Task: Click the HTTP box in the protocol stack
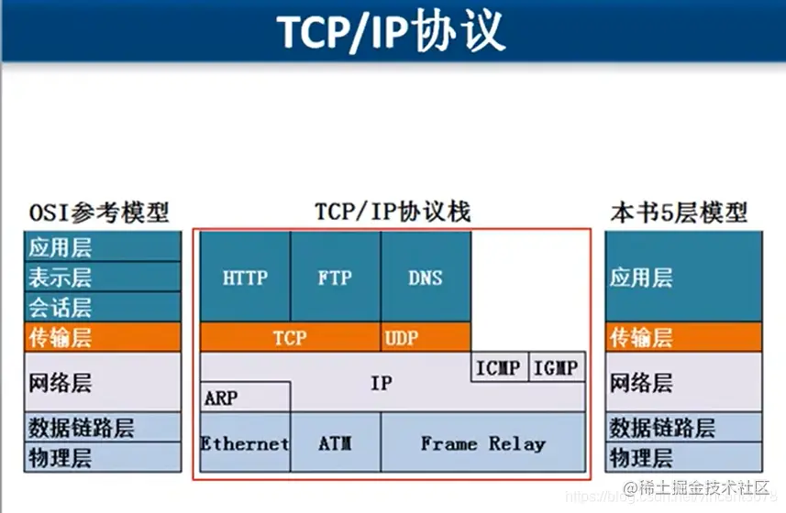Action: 245,277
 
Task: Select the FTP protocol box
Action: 335,277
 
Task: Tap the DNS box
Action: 426,277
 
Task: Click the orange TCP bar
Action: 290,337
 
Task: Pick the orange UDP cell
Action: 402,337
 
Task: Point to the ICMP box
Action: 499,368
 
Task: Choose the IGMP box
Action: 557,368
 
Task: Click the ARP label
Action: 221,398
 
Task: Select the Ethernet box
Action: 245,443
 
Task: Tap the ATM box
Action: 335,443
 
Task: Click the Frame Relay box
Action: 482,443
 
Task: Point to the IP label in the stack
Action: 381,384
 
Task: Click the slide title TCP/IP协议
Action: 392,32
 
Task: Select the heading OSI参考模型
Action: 98,213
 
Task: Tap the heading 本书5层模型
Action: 679,213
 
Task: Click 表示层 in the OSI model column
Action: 61,277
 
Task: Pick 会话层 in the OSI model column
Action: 61,307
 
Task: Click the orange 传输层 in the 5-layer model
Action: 642,338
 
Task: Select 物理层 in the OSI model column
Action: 61,457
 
